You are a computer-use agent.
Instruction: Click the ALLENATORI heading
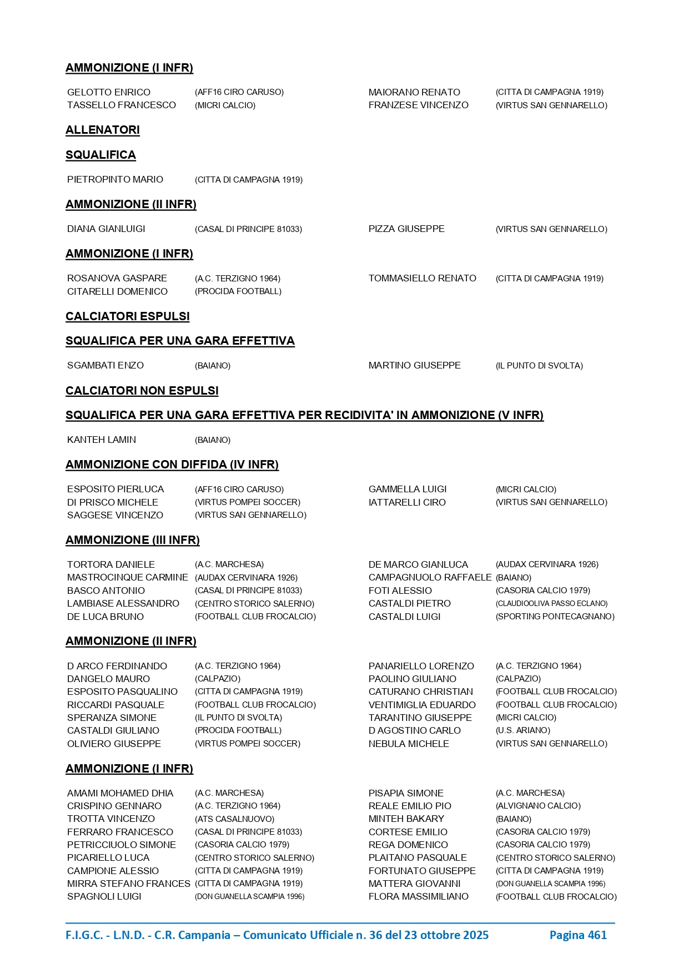tap(103, 130)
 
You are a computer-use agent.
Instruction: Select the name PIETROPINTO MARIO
tap(115, 179)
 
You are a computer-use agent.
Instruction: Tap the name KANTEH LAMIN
tap(102, 440)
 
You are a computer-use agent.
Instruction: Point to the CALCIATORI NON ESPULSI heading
tap(142, 391)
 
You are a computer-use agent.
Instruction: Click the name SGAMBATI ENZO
tap(105, 365)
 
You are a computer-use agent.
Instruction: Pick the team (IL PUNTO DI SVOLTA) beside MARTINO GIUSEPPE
tap(539, 366)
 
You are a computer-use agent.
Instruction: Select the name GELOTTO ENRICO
tap(109, 92)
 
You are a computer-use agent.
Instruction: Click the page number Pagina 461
tap(577, 935)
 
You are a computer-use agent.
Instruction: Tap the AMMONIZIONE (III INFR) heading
tap(132, 540)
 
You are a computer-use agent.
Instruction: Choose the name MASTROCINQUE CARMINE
tap(128, 577)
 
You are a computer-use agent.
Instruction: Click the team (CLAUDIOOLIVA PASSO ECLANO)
tap(551, 603)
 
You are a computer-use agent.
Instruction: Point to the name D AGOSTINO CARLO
tap(414, 730)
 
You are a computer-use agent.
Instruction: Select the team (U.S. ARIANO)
tap(522, 730)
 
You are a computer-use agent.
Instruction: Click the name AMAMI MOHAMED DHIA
tap(120, 793)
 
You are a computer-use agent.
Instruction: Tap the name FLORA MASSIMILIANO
tap(418, 896)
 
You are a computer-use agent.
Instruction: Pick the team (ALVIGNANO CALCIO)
tap(537, 806)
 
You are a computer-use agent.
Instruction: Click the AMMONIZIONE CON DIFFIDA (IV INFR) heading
tap(172, 465)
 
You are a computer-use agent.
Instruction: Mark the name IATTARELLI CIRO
tap(407, 502)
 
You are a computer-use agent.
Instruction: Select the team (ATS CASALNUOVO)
tap(234, 819)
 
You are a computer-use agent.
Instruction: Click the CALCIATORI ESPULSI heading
tap(128, 316)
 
